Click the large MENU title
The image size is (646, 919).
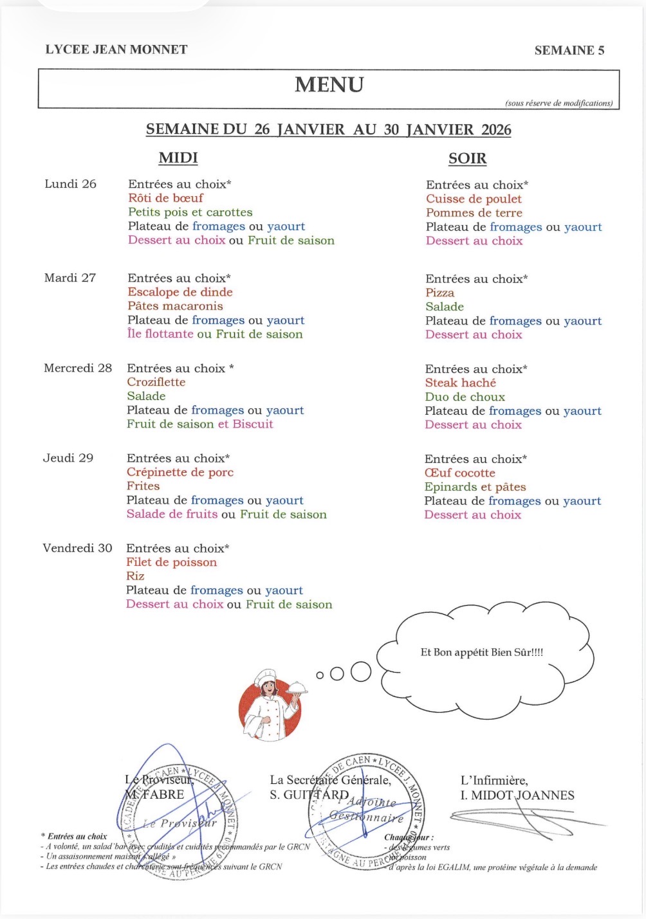click(x=329, y=85)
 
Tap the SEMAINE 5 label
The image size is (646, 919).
click(x=569, y=50)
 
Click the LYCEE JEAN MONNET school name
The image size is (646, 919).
click(x=116, y=50)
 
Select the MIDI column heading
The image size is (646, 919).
click(x=178, y=158)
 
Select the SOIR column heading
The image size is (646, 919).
click(x=467, y=159)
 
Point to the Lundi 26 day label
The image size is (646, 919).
click(x=70, y=184)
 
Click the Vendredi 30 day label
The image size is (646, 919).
click(x=77, y=548)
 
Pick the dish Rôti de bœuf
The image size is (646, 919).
click(x=165, y=198)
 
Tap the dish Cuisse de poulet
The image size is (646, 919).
click(x=474, y=199)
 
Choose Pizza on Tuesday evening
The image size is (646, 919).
click(x=439, y=293)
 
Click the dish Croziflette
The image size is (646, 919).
click(x=156, y=382)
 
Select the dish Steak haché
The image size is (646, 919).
click(x=460, y=383)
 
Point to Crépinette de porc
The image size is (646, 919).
click(x=180, y=472)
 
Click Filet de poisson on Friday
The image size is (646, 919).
click(x=171, y=562)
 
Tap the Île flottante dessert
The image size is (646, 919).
click(x=160, y=334)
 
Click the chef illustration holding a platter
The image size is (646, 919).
click(x=271, y=704)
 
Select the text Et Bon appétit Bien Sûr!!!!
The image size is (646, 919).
click(x=482, y=652)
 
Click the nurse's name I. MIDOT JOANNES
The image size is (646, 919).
click(x=517, y=796)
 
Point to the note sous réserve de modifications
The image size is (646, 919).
click(x=558, y=103)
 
